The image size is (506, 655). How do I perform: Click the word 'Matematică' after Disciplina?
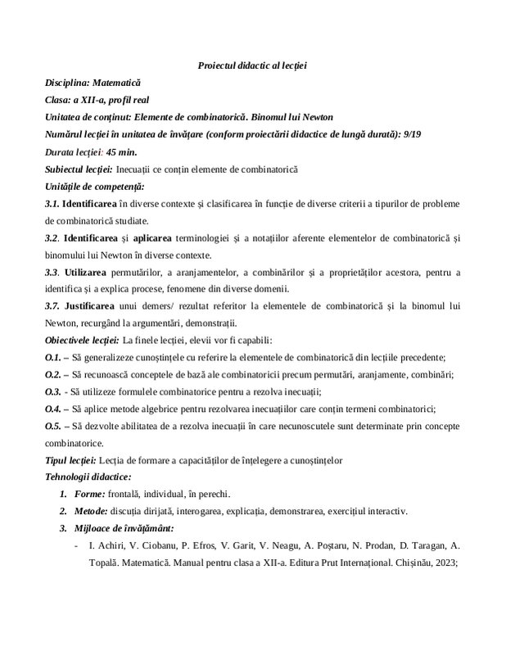click(x=116, y=83)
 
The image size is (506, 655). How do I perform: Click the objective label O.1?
click(x=52, y=357)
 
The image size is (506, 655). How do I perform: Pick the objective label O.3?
click(x=52, y=391)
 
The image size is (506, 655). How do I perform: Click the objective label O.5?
click(x=52, y=425)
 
